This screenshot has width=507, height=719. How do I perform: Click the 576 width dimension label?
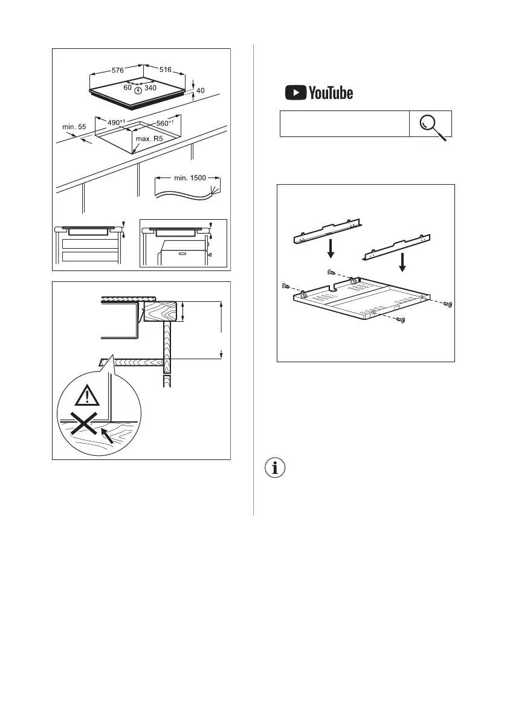[x=118, y=71]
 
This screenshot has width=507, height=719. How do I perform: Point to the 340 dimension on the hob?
[x=150, y=88]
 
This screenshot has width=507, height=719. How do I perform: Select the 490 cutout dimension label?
[x=115, y=123]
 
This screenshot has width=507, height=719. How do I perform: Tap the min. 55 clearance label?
[x=74, y=127]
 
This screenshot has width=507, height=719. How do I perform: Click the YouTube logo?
[x=319, y=93]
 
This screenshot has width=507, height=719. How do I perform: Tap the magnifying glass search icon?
[x=431, y=125]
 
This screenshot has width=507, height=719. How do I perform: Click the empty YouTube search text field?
[x=344, y=124]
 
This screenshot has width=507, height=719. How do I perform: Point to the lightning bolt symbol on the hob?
[x=138, y=91]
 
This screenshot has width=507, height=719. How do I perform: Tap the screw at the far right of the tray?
[x=447, y=304]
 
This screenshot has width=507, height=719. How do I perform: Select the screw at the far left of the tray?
[x=285, y=285]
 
